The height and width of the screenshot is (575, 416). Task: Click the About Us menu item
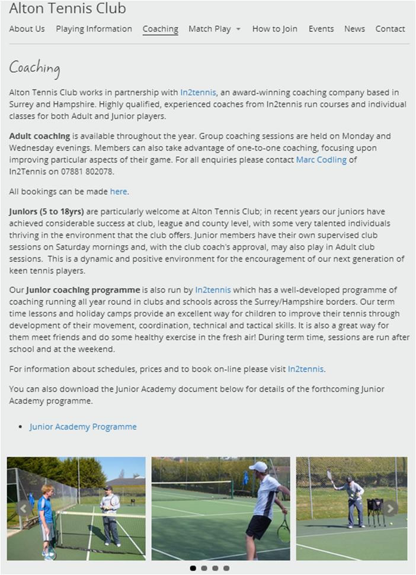[x=27, y=29]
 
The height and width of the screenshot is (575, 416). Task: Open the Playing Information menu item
[x=94, y=29]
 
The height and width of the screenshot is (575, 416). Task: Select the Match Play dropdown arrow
[x=238, y=29]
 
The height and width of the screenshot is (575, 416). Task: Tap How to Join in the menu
[x=274, y=29]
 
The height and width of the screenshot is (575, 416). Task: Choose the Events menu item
[x=321, y=29]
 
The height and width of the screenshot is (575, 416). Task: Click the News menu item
[x=354, y=29]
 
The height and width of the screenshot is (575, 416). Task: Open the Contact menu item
[x=390, y=29]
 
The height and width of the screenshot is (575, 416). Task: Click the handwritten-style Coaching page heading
[x=34, y=67]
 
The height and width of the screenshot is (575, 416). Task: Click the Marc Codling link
[x=321, y=160]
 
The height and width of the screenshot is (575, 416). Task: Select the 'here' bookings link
[x=119, y=192]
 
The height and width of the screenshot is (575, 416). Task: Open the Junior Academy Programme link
[x=83, y=427]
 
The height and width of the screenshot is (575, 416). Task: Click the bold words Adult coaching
[x=40, y=136]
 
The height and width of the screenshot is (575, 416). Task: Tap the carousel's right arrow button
[x=390, y=508]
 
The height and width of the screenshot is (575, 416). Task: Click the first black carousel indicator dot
[x=193, y=568]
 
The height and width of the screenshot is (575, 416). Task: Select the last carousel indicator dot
[x=226, y=568]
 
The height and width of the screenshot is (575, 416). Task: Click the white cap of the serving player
[x=258, y=467]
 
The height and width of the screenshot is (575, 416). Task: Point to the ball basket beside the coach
[x=375, y=511]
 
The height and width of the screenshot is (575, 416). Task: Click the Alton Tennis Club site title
[x=68, y=8]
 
